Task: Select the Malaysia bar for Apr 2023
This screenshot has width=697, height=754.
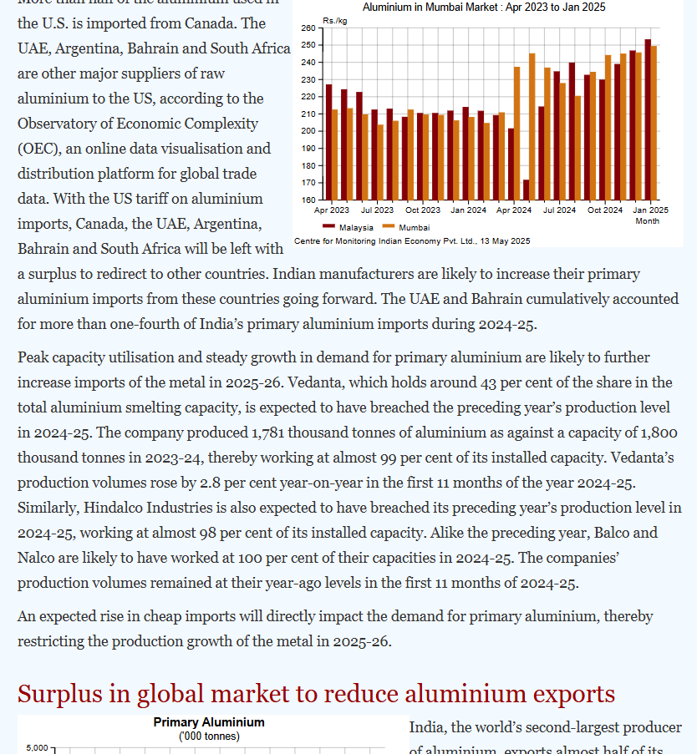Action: pos(328,142)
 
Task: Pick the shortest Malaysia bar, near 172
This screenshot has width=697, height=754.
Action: pos(526,190)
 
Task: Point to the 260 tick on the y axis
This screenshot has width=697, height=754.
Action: pos(308,28)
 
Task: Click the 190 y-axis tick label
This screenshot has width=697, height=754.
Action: pos(308,149)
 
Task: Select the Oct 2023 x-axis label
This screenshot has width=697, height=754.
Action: pos(423,210)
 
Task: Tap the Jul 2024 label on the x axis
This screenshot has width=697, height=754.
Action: pos(559,210)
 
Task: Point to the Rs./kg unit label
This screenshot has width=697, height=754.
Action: pos(335,19)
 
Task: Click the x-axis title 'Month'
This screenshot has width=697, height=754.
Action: pos(647,221)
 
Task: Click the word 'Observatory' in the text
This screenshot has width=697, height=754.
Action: pos(62,124)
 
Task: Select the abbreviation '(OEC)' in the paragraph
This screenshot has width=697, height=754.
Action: pos(38,149)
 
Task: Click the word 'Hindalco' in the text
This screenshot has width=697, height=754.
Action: pos(120,508)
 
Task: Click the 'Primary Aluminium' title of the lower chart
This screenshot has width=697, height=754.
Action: pos(209,722)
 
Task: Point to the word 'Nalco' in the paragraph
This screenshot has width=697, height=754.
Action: pos(37,558)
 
